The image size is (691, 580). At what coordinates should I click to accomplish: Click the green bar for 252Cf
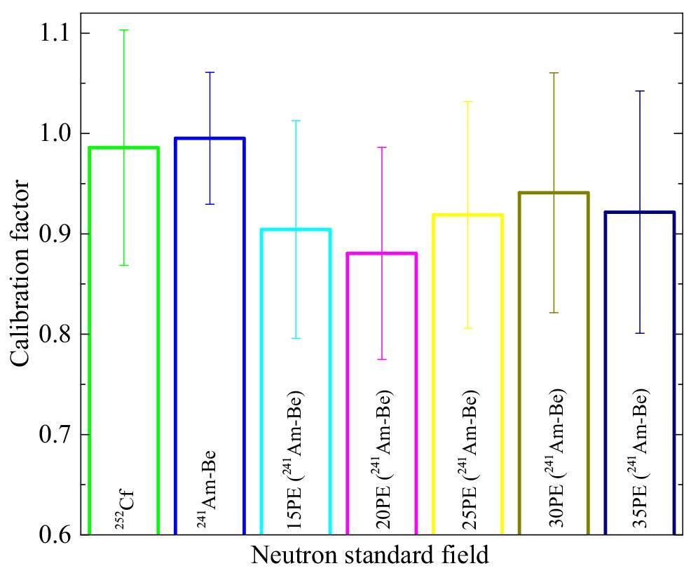pos(124,337)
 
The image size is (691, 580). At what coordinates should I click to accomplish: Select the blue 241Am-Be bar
pos(210,330)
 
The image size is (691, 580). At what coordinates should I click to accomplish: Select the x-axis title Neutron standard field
pos(369,556)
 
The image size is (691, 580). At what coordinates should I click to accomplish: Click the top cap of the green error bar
pos(124,30)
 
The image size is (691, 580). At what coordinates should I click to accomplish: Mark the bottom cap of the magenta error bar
pos(381,359)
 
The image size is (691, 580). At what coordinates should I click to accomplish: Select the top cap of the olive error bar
pos(554,73)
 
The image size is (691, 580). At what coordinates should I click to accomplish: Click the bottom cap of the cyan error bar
pos(295,338)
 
